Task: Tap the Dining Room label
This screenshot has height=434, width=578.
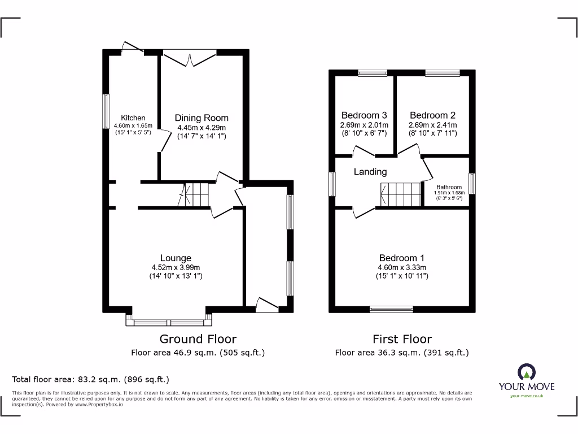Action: click(202, 118)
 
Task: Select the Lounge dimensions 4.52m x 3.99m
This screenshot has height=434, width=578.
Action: click(175, 267)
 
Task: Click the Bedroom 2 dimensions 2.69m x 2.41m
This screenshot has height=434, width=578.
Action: click(433, 125)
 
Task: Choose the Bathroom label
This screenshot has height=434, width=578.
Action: click(449, 187)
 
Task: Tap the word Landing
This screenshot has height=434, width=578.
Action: click(370, 172)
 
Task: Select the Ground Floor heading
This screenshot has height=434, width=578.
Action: click(198, 339)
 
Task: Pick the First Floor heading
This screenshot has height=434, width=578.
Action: click(402, 339)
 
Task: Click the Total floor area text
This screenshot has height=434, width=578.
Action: click(90, 380)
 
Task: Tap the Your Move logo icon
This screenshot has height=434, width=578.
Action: click(526, 372)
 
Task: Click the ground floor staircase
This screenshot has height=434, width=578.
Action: click(195, 196)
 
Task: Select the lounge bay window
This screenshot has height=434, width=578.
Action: click(169, 322)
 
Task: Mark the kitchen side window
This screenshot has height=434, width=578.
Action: click(105, 111)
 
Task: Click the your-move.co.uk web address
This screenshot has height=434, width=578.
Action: click(526, 396)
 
